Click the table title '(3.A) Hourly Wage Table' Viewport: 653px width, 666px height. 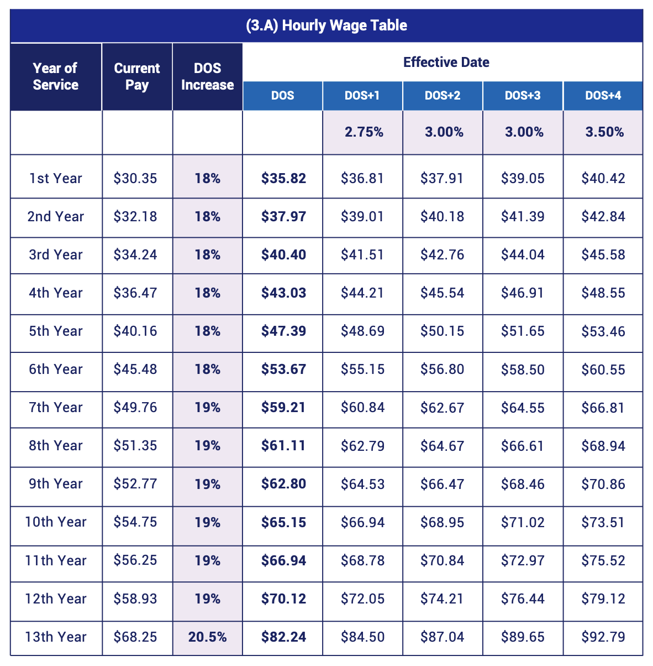[326, 25]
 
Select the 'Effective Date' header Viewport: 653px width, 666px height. [446, 62]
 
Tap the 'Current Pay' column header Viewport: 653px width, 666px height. [137, 76]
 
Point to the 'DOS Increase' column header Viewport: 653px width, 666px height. [207, 76]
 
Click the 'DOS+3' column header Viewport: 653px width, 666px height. [523, 96]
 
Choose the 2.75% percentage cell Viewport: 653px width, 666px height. [364, 132]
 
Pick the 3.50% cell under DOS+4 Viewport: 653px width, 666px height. [604, 132]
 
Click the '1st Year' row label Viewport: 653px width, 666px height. [55, 178]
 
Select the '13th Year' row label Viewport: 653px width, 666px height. [55, 637]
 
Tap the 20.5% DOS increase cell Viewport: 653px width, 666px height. [207, 637]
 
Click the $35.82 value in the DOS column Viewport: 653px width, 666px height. [283, 178]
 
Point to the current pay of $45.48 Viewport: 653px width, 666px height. [135, 369]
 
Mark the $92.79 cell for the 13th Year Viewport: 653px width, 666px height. [603, 637]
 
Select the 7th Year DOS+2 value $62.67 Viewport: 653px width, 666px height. [442, 408]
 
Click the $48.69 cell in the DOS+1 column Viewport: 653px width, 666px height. [362, 331]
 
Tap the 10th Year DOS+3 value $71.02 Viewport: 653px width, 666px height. [523, 522]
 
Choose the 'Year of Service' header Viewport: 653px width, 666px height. [55, 76]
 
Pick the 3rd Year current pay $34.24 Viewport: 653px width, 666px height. [135, 254]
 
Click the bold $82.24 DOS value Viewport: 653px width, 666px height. [283, 637]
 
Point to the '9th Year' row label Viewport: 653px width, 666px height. [55, 484]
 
